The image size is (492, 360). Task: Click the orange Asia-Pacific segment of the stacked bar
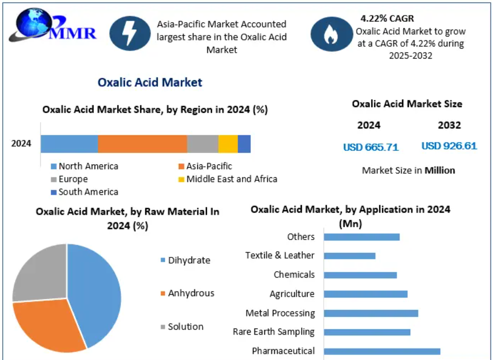coord(142,144)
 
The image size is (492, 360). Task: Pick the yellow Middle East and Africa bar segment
coord(228,144)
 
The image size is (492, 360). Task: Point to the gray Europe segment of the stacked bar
coord(203,144)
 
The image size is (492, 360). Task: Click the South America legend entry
coord(85,192)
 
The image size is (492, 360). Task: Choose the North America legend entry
coord(85,166)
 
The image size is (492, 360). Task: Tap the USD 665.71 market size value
coord(371,147)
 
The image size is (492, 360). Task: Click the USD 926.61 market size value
coord(449,146)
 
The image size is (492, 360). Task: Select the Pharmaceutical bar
coord(382,351)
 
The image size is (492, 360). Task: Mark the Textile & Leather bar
coord(349,256)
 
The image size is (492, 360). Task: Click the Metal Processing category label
coord(280,313)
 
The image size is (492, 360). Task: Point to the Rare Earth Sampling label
coord(273,332)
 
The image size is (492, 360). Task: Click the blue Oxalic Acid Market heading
coord(150,82)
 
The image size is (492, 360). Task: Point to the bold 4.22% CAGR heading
coord(387,19)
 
